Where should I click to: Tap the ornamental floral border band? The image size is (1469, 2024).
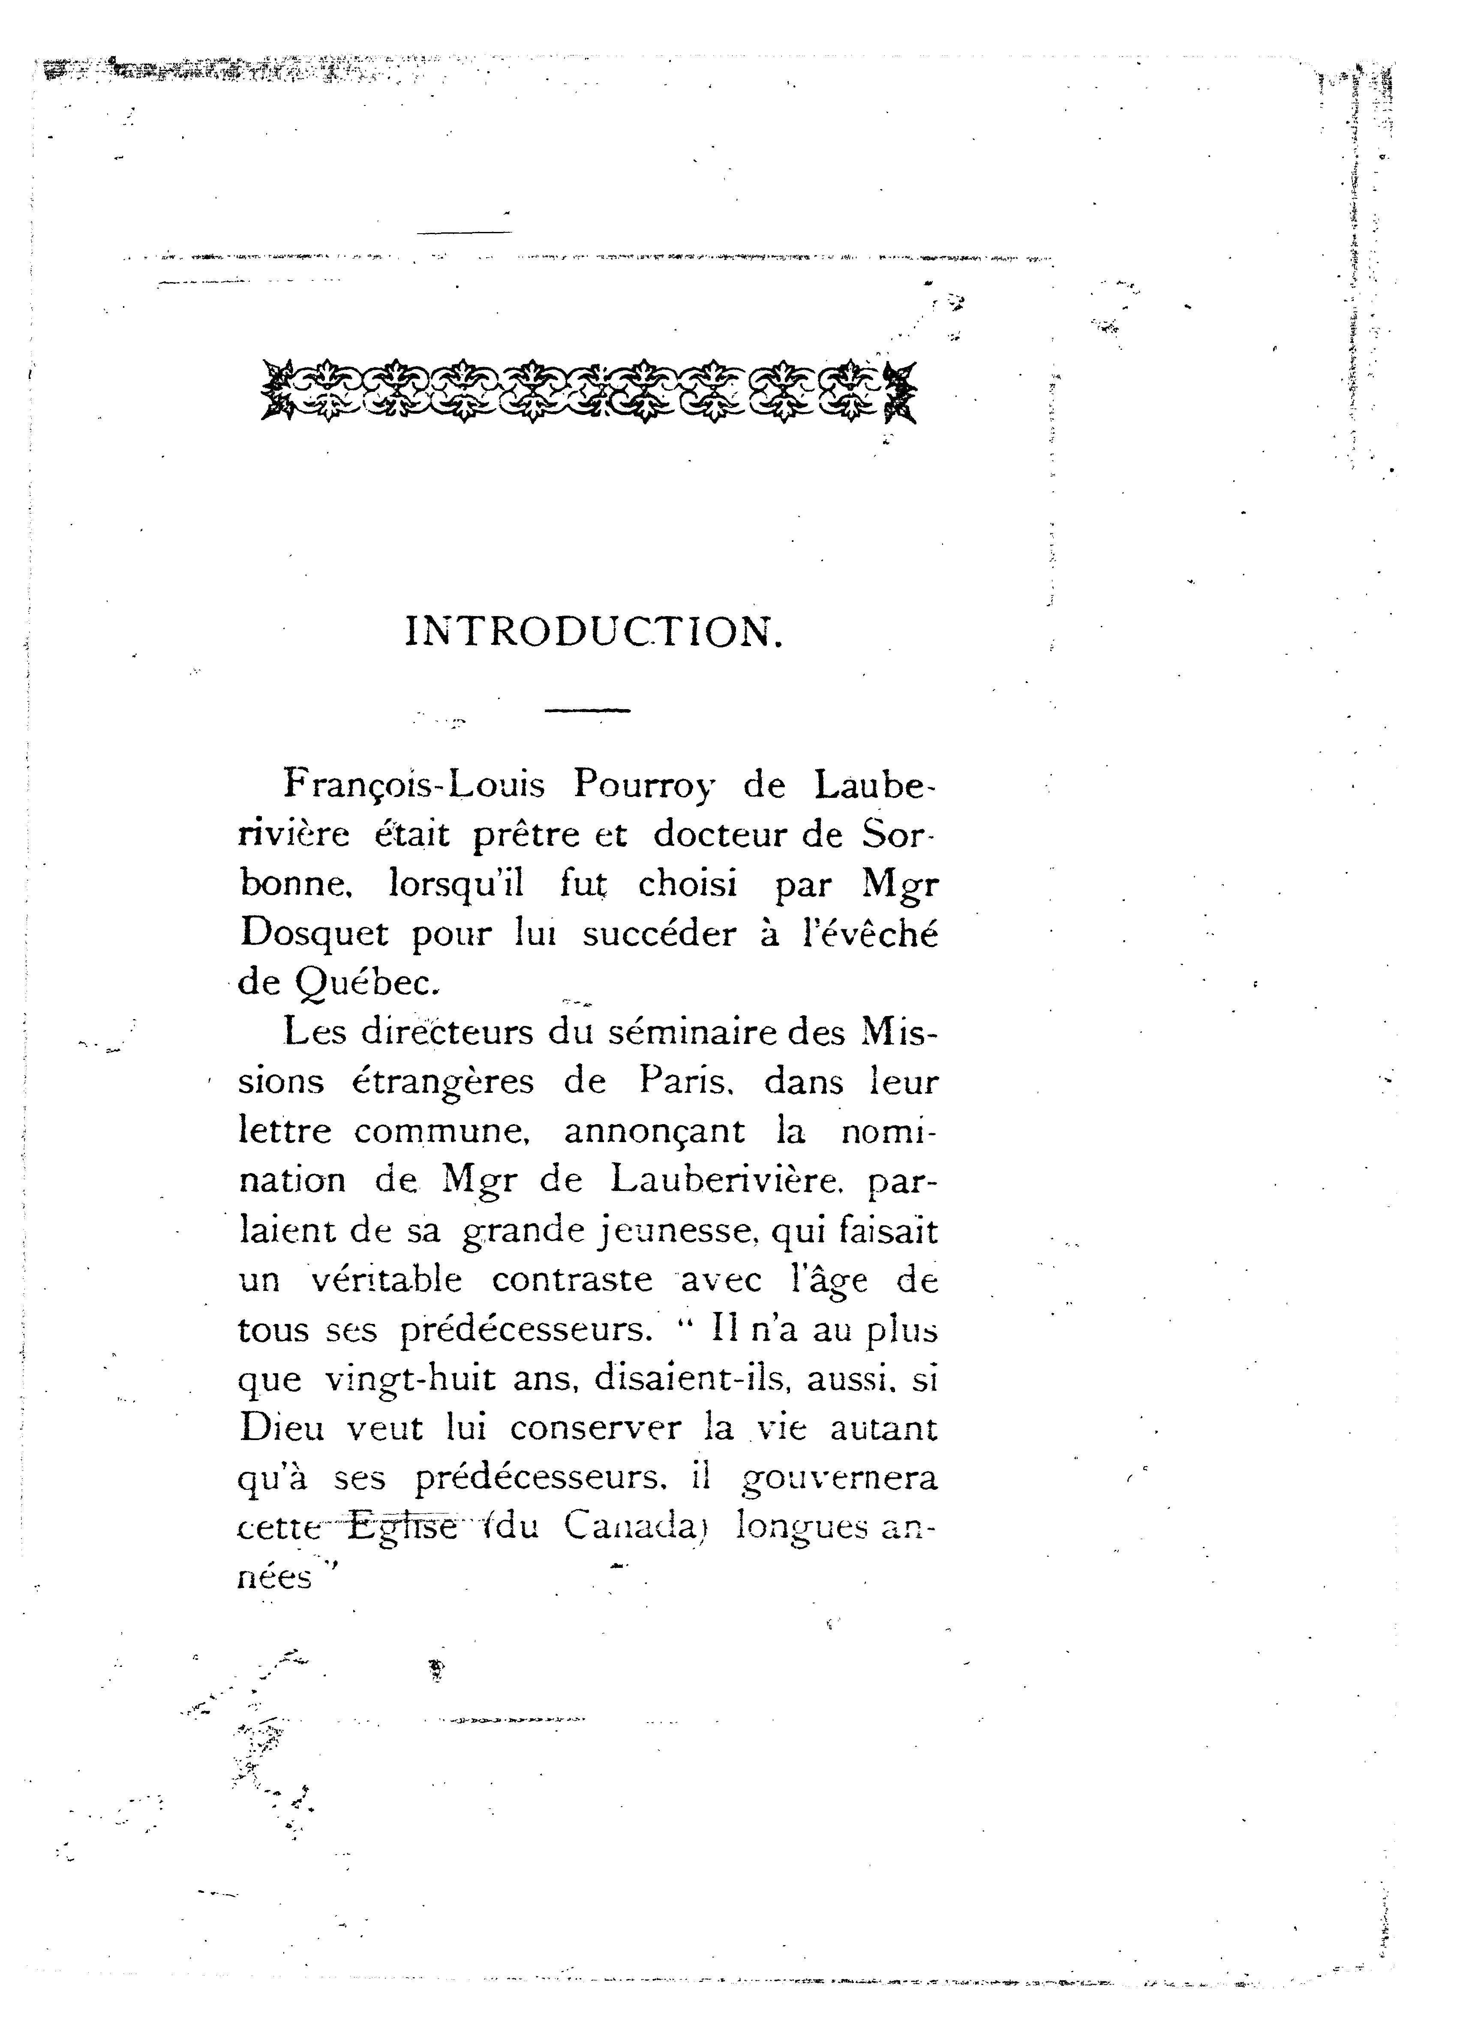[589, 391]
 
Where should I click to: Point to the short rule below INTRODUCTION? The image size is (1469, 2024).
[587, 710]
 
